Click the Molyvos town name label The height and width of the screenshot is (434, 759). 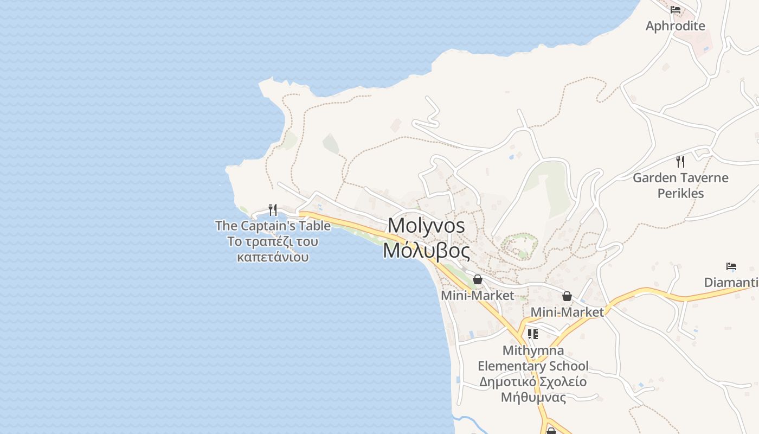[427, 226]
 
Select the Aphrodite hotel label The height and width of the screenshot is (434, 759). [675, 26]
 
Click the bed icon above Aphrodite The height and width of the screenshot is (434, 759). [675, 10]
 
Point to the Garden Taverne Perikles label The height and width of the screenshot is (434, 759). [680, 186]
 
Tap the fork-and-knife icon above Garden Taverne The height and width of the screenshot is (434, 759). [680, 161]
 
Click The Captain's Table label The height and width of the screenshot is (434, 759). [273, 226]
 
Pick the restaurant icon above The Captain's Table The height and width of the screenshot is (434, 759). [273, 209]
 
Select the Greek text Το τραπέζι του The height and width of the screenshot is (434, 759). [273, 241]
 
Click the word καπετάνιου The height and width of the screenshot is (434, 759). [273, 257]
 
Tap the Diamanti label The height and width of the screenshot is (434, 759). [731, 283]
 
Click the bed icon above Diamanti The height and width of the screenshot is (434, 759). [731, 266]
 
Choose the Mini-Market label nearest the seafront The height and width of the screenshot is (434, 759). [477, 296]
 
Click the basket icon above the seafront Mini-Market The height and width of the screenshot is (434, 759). [478, 279]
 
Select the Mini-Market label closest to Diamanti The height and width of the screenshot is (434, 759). [567, 312]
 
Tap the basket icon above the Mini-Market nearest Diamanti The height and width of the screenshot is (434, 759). [567, 296]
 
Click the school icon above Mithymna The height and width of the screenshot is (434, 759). [533, 334]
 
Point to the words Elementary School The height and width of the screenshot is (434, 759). [533, 366]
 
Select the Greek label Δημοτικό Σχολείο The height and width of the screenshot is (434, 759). [533, 382]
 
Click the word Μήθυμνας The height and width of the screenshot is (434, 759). [533, 398]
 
